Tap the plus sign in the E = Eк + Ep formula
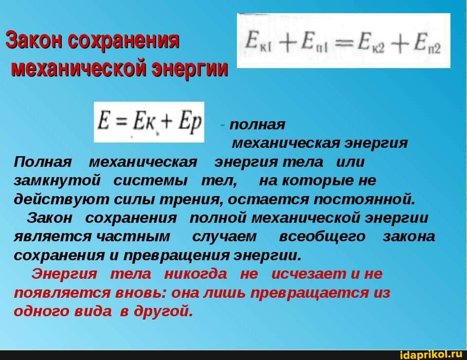[x=167, y=122]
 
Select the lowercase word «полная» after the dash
[x=257, y=125]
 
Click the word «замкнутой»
[x=57, y=181]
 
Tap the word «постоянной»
[x=364, y=199]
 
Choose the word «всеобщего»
[x=322, y=237]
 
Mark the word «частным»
[x=133, y=237]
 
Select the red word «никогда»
[x=196, y=274]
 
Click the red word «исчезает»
[x=309, y=274]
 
